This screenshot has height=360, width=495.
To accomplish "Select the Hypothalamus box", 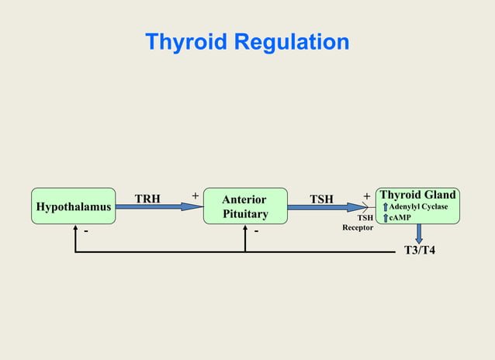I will click(x=73, y=206).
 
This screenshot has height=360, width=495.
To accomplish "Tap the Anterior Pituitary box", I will click(x=244, y=206).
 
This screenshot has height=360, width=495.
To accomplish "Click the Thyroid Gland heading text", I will click(x=417, y=195).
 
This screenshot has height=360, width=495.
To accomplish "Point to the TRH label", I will click(x=147, y=199).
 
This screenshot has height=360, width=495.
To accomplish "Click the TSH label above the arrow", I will click(x=321, y=199).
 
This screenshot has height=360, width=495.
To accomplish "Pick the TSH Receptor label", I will click(x=358, y=223).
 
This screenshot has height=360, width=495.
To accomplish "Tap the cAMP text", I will click(x=400, y=217).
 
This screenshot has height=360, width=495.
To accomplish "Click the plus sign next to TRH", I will click(x=195, y=196).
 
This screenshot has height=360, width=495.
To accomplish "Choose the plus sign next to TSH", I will click(x=366, y=196).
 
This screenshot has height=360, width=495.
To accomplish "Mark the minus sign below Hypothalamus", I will click(x=85, y=231).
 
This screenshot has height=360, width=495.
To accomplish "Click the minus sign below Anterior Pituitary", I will click(x=256, y=231).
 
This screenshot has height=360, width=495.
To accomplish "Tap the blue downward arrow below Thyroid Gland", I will click(x=419, y=234).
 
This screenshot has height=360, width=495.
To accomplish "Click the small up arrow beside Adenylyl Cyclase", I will click(x=384, y=206).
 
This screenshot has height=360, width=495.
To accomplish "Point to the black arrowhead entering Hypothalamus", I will click(x=75, y=228).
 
